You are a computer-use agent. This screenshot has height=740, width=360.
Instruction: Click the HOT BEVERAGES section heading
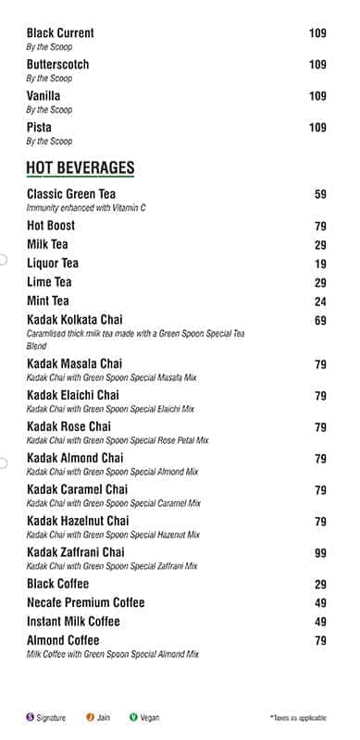click(x=81, y=167)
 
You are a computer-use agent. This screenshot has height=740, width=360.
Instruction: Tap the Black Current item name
click(x=60, y=33)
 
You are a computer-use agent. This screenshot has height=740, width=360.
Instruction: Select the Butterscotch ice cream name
click(x=57, y=65)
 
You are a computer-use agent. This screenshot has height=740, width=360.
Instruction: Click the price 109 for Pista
click(x=317, y=128)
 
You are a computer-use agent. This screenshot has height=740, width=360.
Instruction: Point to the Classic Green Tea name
click(x=71, y=194)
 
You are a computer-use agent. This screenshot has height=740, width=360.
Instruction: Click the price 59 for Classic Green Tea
click(x=320, y=195)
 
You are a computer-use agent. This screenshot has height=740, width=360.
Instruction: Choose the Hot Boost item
click(x=51, y=226)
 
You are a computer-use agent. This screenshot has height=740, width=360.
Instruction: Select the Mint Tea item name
click(x=48, y=301)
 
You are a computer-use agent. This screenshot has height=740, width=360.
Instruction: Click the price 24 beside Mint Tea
click(x=320, y=302)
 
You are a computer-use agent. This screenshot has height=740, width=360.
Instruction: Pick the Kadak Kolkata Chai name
click(x=74, y=320)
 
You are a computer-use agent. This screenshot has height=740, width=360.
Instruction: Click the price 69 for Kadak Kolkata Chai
click(x=320, y=321)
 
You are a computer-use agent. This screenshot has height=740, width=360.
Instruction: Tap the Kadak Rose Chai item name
click(x=68, y=426)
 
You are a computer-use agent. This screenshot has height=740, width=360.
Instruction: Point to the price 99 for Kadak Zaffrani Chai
click(x=320, y=553)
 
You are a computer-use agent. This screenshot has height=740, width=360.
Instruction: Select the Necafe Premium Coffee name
click(x=85, y=602)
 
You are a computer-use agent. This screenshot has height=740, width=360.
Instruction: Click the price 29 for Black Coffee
click(x=320, y=585)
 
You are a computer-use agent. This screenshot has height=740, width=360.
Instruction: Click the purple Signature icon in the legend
click(x=30, y=717)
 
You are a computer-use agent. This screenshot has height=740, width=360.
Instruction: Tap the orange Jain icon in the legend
click(x=91, y=717)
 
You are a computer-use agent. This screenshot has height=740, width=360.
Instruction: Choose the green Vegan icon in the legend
click(x=133, y=717)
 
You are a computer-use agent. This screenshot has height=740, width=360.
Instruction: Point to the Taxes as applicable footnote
click(x=298, y=718)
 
